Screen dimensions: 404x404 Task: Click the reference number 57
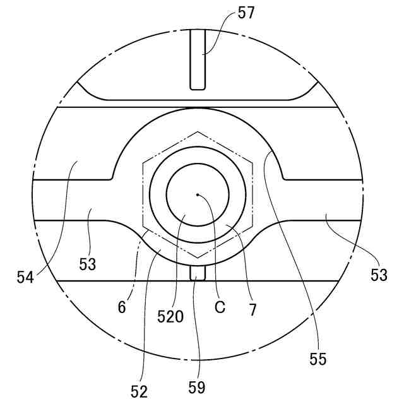click(246, 13)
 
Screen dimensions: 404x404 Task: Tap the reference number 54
click(25, 277)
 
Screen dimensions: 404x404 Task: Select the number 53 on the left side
click(87, 264)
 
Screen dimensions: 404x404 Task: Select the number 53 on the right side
click(379, 275)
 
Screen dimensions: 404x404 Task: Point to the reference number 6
click(122, 307)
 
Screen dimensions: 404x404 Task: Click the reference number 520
click(170, 317)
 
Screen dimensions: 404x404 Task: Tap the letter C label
click(220, 307)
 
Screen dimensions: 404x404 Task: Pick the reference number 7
click(252, 310)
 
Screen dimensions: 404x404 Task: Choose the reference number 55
click(318, 359)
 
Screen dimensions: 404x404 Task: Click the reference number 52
click(139, 392)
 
